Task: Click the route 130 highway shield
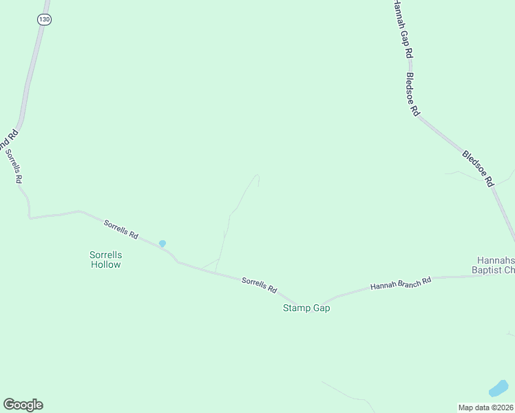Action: click(45, 19)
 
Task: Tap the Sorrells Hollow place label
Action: click(105, 260)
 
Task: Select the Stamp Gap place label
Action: click(306, 308)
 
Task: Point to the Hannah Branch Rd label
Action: click(400, 282)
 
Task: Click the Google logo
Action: click(23, 405)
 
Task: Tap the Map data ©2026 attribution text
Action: click(485, 407)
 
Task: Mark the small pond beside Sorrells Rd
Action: click(162, 243)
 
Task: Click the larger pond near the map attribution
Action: click(498, 388)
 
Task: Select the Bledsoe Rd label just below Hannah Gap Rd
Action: click(412, 94)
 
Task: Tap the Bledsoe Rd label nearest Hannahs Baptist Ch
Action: click(478, 169)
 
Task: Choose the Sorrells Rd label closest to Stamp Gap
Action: click(259, 284)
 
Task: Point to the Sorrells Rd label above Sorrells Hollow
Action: click(121, 229)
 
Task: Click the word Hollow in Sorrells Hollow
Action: click(105, 264)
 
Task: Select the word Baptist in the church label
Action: click(488, 270)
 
